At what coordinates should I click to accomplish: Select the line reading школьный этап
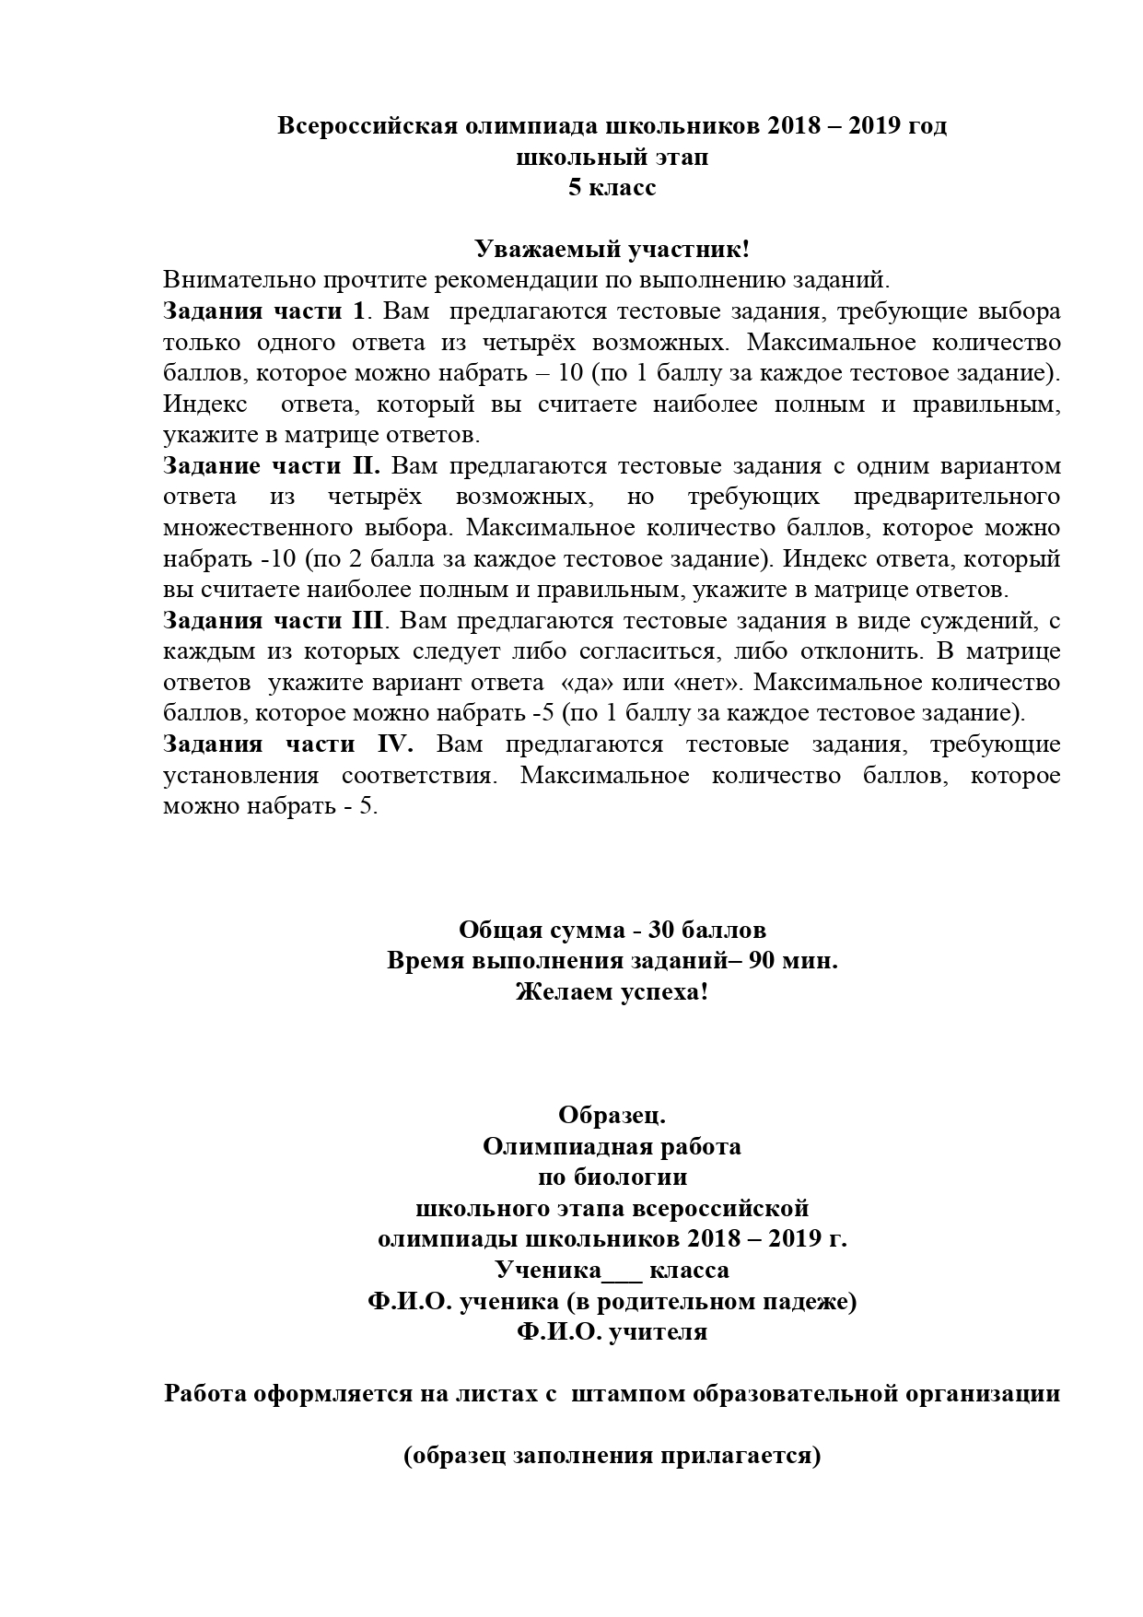click(x=612, y=158)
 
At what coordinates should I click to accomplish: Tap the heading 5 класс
click(x=612, y=188)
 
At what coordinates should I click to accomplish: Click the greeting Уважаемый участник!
click(x=612, y=249)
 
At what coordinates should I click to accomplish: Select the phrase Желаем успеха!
click(x=612, y=992)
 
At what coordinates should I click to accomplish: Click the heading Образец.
click(x=612, y=1116)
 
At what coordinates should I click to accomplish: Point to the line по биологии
click(x=612, y=1178)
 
